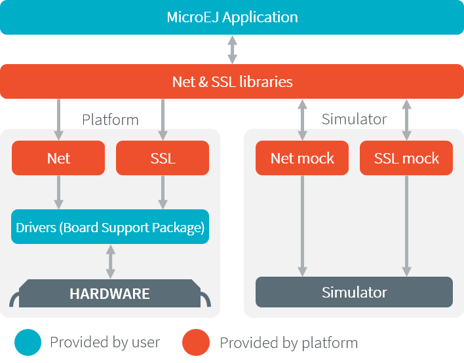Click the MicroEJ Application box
tap(232, 17)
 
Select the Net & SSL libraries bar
tap(232, 82)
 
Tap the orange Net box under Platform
tap(58, 158)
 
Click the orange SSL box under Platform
tap(163, 158)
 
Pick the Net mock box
tap(302, 158)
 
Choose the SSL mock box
tap(406, 158)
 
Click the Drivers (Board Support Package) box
tap(110, 227)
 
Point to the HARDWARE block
tap(110, 294)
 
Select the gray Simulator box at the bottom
tap(354, 292)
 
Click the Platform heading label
tap(110, 120)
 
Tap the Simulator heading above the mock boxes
tap(354, 120)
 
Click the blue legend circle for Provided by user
tap(28, 342)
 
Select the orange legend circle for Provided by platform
tap(196, 342)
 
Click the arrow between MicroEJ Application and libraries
tap(232, 50)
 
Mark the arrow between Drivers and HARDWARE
tap(110, 262)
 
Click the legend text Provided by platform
tap(288, 343)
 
